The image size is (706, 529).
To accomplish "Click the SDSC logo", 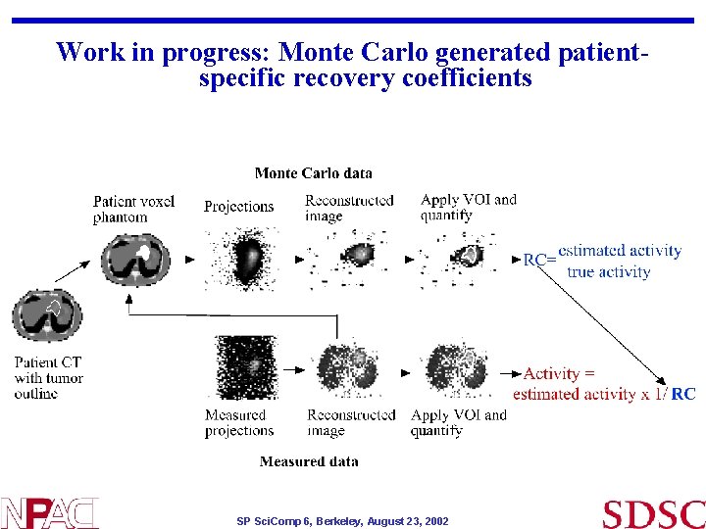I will tap(653, 513).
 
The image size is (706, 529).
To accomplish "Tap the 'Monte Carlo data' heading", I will tap(313, 173).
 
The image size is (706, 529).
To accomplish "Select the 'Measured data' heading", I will tap(309, 461).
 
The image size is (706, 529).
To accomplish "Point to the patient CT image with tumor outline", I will tap(47, 316).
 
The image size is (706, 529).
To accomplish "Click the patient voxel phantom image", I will tap(135, 259).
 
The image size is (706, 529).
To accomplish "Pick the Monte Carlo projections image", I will tap(241, 259).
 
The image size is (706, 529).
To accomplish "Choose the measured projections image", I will tap(241, 367).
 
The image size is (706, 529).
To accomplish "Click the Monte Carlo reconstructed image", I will tap(349, 259).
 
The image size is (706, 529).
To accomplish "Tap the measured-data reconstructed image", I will tap(349, 369).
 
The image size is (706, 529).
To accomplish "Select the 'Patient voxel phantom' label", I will tap(133, 209).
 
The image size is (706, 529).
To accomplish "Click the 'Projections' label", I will tap(238, 207).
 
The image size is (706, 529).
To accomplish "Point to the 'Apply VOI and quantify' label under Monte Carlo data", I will tap(468, 207).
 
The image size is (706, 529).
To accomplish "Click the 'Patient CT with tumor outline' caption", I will tap(48, 377).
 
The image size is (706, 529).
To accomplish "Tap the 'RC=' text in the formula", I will tap(539, 260).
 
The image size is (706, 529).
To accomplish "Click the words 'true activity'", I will tap(608, 271).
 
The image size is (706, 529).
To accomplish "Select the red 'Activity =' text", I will tap(559, 373).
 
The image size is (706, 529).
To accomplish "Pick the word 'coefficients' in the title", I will tap(465, 77).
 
